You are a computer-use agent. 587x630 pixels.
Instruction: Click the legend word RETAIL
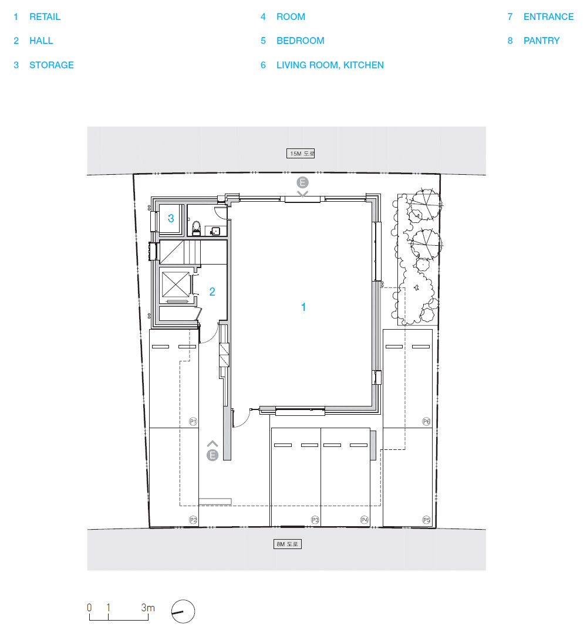45,17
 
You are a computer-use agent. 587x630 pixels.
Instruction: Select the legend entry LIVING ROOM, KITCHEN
330,65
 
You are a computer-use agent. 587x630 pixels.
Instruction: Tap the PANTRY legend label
541,40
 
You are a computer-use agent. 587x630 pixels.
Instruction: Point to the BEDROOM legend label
300,40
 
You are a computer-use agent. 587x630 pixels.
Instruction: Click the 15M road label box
301,154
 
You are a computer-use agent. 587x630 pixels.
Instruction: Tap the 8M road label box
287,544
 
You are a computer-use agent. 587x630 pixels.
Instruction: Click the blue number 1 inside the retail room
303,307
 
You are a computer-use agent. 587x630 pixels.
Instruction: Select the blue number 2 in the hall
212,292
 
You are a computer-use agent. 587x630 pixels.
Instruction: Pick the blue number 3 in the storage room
171,218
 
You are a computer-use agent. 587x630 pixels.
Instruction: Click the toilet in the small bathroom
196,228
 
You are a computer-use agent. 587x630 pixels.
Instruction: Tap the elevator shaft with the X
176,284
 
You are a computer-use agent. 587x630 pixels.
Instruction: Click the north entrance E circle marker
302,182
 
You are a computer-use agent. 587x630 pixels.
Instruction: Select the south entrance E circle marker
212,455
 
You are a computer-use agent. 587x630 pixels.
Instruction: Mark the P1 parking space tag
193,422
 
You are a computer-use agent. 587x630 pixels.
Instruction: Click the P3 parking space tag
315,520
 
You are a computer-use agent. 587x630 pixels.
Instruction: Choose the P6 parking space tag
426,422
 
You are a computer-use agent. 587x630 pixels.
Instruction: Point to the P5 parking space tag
426,520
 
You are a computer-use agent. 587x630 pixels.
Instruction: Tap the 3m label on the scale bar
147,608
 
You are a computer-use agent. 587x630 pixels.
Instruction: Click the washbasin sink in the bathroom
215,231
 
